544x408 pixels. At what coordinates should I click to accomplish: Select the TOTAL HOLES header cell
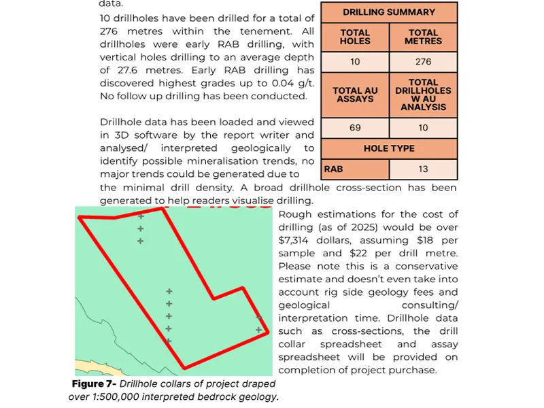(355, 37)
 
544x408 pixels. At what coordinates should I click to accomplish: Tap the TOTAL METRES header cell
(423, 37)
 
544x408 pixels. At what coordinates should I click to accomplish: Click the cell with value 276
(423, 62)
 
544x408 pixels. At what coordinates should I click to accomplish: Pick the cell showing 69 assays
(355, 128)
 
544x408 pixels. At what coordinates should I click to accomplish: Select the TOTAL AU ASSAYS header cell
(355, 95)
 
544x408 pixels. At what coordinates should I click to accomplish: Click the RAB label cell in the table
(333, 169)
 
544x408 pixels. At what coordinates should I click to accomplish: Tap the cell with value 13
(423, 169)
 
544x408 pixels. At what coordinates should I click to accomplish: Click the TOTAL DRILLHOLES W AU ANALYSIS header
(423, 95)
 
